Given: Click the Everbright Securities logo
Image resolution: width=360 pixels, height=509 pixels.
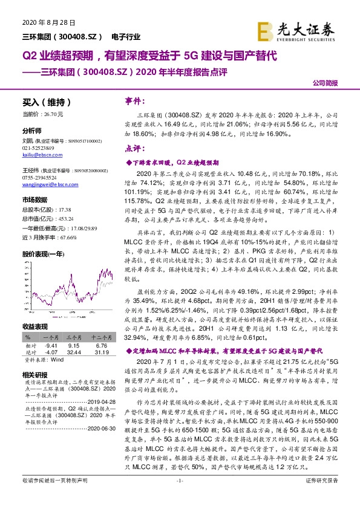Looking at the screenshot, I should coord(304,30).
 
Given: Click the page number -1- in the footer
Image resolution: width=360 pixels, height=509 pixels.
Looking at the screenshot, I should coord(180,498).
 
